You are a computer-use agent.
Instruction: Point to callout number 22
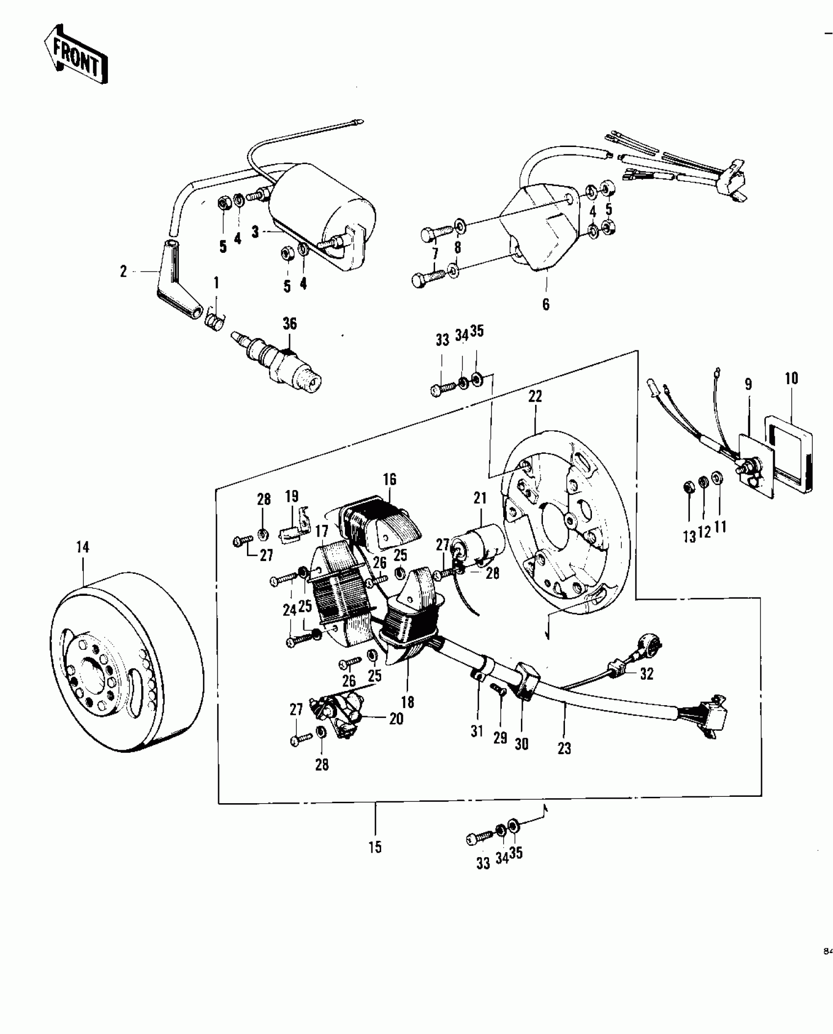(x=535, y=397)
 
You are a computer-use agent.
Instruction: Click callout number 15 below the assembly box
(x=375, y=847)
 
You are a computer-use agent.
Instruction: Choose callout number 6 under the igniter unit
(x=546, y=304)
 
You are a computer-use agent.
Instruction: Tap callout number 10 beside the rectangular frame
(x=791, y=378)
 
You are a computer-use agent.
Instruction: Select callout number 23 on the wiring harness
(x=564, y=748)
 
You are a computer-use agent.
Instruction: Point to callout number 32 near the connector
(x=647, y=674)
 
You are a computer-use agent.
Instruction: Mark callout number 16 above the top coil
(x=390, y=479)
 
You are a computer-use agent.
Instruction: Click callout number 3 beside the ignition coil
(x=255, y=232)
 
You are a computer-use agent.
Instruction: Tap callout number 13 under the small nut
(x=689, y=537)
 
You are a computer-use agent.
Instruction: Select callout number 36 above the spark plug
(x=290, y=323)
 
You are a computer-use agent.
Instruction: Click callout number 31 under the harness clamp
(x=477, y=731)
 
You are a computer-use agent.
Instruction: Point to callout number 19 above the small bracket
(x=292, y=496)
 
